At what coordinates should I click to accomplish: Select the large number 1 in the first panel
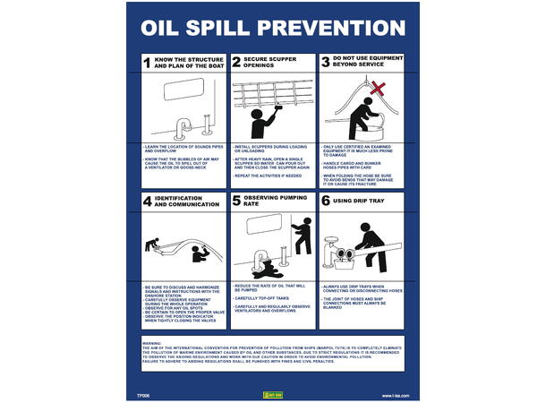pyautogui.click(x=147, y=63)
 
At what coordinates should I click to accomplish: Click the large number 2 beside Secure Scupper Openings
pyautogui.click(x=236, y=63)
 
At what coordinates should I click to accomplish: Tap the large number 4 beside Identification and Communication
pyautogui.click(x=147, y=201)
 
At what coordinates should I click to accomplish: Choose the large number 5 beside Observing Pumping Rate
pyautogui.click(x=236, y=201)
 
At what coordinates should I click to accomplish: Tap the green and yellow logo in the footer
pyautogui.click(x=271, y=393)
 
